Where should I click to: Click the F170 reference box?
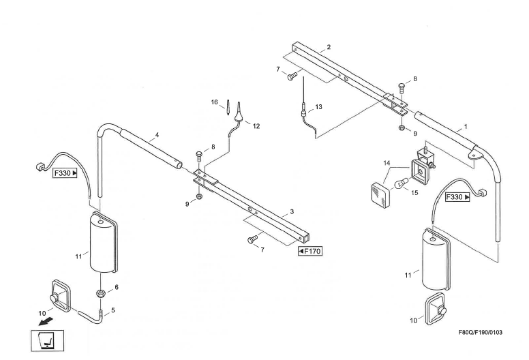(x=310, y=252)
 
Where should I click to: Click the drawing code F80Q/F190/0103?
(x=480, y=332)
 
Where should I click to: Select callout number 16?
(x=214, y=102)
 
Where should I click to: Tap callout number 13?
(x=318, y=107)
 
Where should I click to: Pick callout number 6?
(x=117, y=287)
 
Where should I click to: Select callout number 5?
(x=113, y=310)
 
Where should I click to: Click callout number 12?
(x=256, y=126)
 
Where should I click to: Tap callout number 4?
(x=157, y=136)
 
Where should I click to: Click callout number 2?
(x=329, y=47)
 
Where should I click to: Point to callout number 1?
(x=465, y=127)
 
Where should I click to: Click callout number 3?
(x=292, y=212)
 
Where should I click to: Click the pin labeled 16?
(x=228, y=109)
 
